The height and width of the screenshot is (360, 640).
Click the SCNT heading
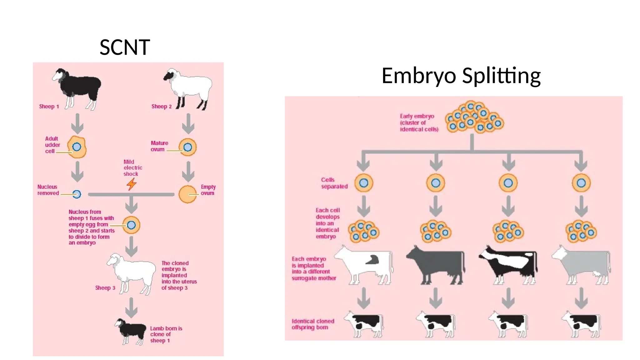(125, 47)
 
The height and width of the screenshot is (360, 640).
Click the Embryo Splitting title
(461, 76)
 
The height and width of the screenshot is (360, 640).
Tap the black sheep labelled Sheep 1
(78, 87)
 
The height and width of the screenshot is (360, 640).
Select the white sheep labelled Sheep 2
(189, 87)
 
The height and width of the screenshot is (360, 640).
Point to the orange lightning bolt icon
(132, 184)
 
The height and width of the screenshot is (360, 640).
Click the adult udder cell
(77, 147)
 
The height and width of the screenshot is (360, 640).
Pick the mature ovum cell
(187, 147)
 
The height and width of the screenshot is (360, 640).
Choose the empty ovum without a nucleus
(187, 194)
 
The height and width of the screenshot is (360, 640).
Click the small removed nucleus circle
(77, 194)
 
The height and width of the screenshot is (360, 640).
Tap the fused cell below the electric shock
(131, 225)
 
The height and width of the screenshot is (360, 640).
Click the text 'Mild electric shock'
(132, 168)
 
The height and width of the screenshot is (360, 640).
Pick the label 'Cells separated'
(334, 183)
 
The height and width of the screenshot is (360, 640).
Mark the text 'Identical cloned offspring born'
(313, 324)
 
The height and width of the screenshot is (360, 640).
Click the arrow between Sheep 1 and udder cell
(77, 124)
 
